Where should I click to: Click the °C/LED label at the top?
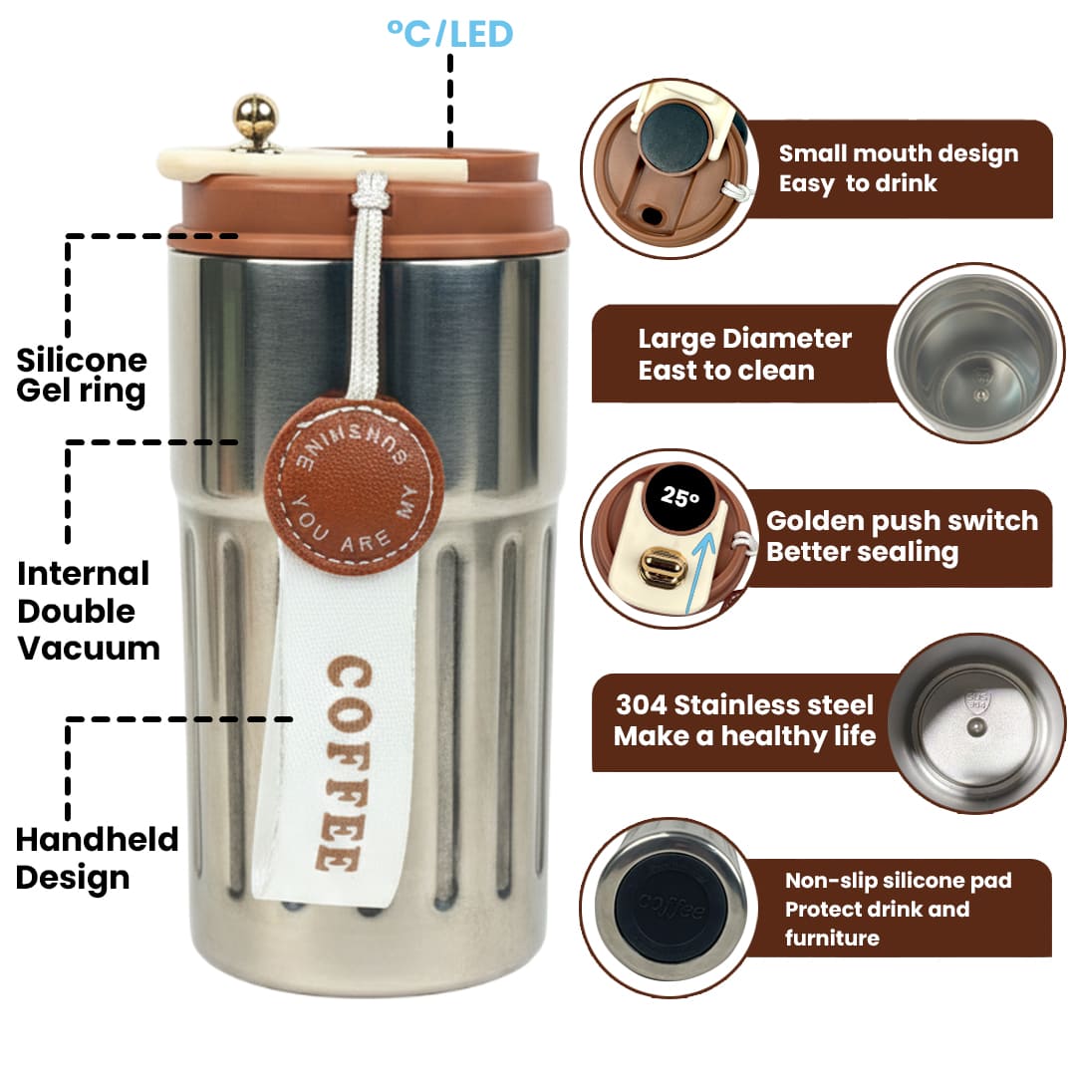click(450, 34)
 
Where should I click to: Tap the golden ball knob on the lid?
click(255, 115)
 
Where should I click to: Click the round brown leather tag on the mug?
click(354, 485)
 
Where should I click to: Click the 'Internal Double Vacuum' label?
click(89, 611)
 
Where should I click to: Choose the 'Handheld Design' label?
click(97, 858)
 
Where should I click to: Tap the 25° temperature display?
click(680, 496)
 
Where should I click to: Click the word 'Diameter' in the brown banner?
click(788, 339)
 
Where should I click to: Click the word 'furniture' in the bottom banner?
click(832, 938)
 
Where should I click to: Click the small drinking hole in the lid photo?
click(652, 216)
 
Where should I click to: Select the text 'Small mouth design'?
click(899, 153)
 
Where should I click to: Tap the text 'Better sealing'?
click(862, 552)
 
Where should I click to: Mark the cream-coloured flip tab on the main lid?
click(312, 164)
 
